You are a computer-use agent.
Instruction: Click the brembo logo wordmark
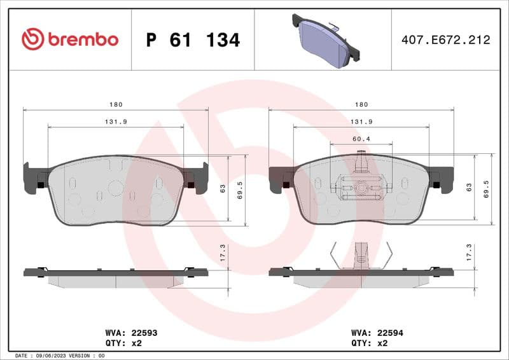[70, 39]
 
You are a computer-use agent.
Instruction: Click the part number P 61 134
[193, 40]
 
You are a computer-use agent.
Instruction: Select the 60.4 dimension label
[361, 138]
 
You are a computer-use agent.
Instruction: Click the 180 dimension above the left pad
[115, 104]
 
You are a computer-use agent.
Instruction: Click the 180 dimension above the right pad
[361, 104]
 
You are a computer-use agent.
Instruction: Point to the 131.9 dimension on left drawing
[115, 121]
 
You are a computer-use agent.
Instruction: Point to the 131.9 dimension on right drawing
[361, 121]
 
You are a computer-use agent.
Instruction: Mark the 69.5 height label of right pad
[487, 190]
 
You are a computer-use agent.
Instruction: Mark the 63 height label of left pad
[223, 188]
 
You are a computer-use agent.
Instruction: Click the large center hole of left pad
[115, 187]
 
